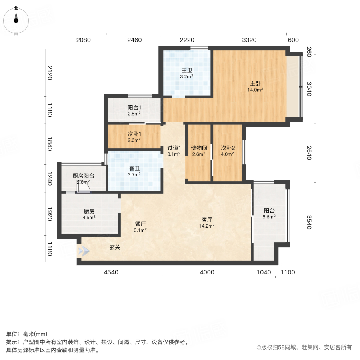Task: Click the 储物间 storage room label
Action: click(x=199, y=148)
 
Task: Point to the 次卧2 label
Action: click(x=228, y=148)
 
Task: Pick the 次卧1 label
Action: click(x=134, y=134)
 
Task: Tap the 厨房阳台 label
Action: click(x=83, y=176)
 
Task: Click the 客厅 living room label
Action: click(x=207, y=220)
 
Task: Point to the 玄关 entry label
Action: click(x=115, y=247)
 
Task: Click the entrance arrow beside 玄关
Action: click(x=84, y=251)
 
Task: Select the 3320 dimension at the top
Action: click(x=249, y=40)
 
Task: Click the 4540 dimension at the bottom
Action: click(x=111, y=272)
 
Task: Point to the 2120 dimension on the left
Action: click(x=50, y=72)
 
